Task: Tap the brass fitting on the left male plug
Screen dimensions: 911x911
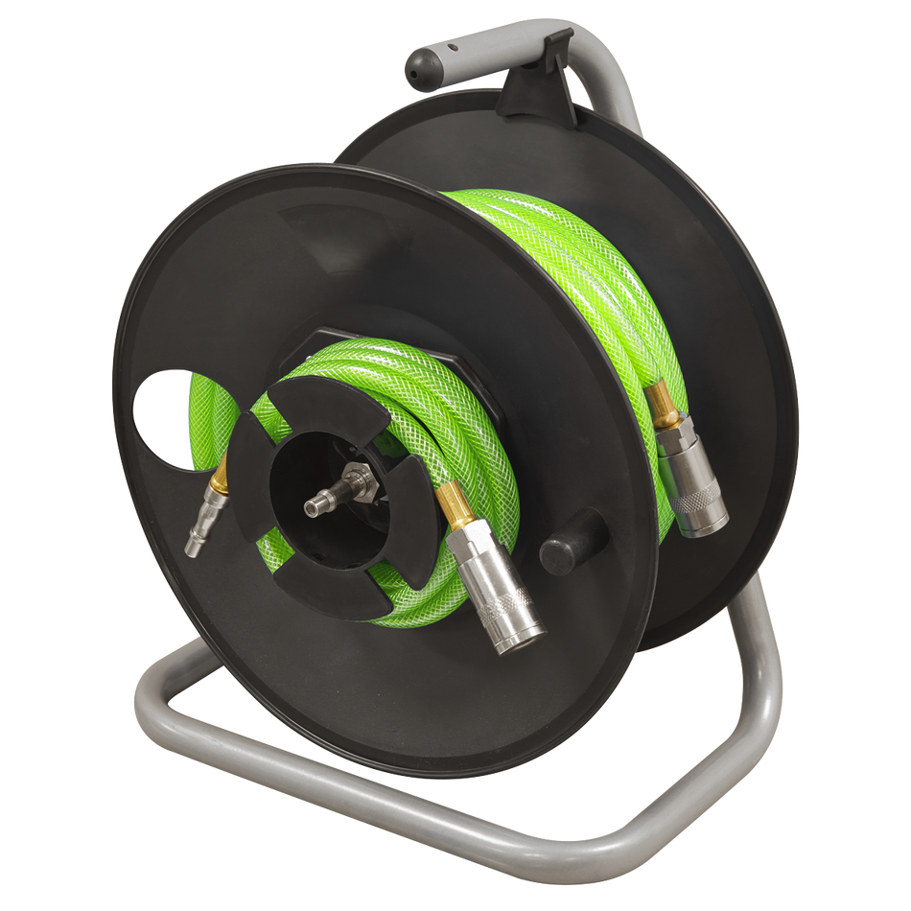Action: coord(220,475)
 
